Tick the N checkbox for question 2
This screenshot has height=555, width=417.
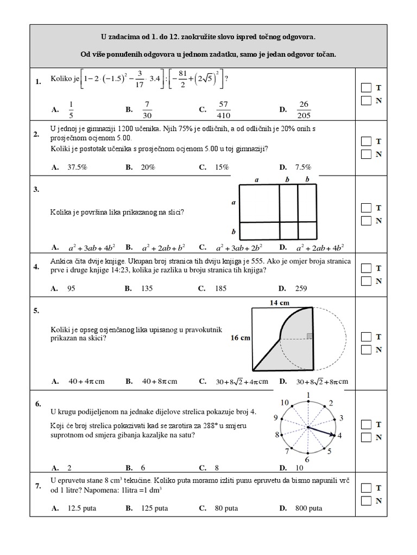[x=367, y=154]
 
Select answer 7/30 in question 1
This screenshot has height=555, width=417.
[x=147, y=109]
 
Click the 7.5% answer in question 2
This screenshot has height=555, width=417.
[x=304, y=167]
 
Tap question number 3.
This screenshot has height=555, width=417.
[x=36, y=190]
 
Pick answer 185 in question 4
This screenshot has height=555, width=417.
[x=220, y=288]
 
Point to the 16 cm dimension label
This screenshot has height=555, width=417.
[x=241, y=338]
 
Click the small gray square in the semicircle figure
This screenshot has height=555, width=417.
[x=309, y=336]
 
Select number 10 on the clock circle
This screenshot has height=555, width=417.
[x=285, y=402]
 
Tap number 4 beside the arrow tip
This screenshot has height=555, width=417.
[x=340, y=435]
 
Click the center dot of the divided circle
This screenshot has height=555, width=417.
[x=308, y=428]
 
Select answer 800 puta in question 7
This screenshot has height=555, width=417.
[x=308, y=508]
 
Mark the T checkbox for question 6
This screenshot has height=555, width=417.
[x=367, y=424]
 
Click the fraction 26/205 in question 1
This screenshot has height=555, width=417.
[x=304, y=109]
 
